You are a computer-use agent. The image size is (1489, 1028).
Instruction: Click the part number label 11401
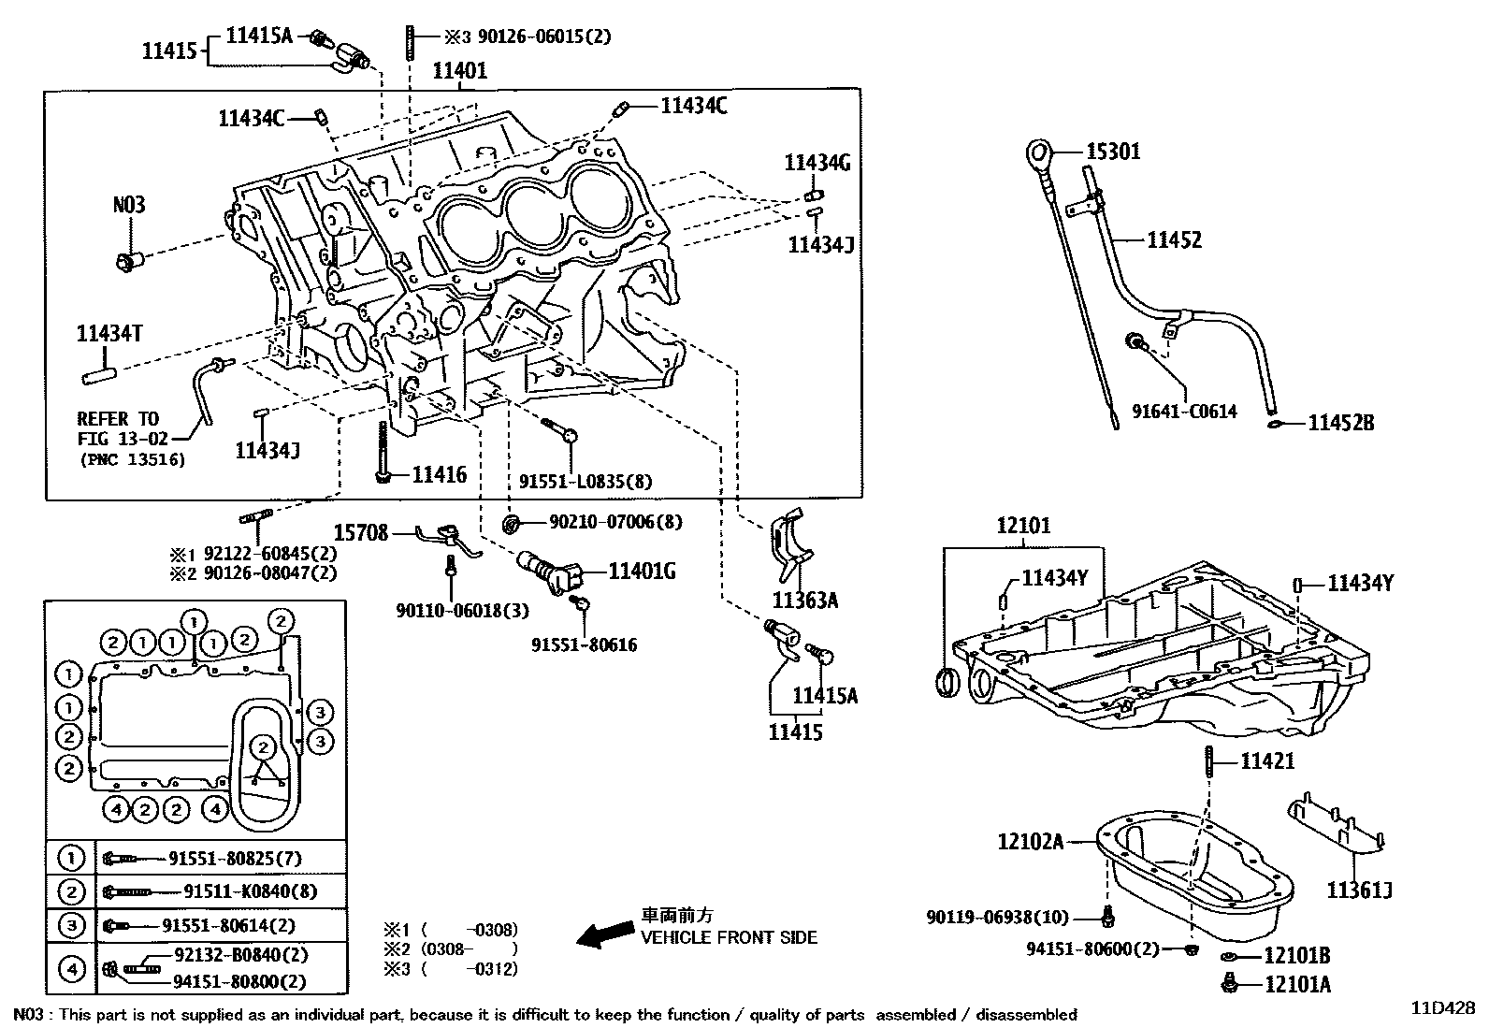coord(459,71)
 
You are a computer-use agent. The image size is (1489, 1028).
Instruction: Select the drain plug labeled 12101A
coord(1231,982)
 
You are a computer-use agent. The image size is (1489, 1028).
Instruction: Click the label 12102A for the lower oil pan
coord(1030,842)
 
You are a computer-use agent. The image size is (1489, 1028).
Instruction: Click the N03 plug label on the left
coord(129,205)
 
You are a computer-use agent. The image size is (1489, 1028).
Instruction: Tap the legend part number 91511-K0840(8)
coord(250,891)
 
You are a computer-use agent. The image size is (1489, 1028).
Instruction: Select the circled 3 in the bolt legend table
coord(71,925)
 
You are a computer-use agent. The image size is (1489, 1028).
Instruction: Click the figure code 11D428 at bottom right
coord(1442,1008)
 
